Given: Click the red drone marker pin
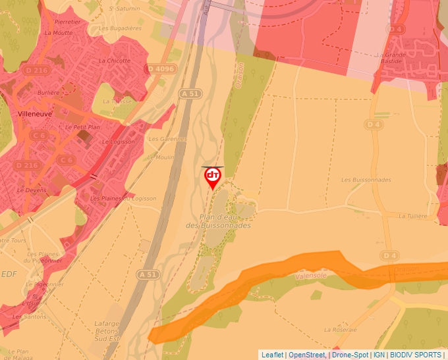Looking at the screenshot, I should tap(213, 177).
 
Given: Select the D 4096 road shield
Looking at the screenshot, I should tap(161, 68).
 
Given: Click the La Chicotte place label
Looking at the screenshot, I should tap(115, 61).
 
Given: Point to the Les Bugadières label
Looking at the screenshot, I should tap(120, 28).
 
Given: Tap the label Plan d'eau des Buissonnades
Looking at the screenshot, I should tap(218, 221).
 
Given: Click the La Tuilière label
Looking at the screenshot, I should tap(413, 216).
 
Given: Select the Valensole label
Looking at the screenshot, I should tap(312, 277).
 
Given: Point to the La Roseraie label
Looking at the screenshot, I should tap(341, 329).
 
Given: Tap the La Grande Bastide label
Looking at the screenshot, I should tap(394, 59).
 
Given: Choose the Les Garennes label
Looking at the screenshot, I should tap(168, 139).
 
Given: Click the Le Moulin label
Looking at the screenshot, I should tap(160, 157).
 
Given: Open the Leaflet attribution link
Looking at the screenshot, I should tap(272, 355).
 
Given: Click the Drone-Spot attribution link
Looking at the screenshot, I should tap(350, 355).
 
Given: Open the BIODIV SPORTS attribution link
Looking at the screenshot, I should tap(416, 355).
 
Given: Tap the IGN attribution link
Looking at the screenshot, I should tap(379, 355).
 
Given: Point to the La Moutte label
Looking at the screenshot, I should tap(59, 32).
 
